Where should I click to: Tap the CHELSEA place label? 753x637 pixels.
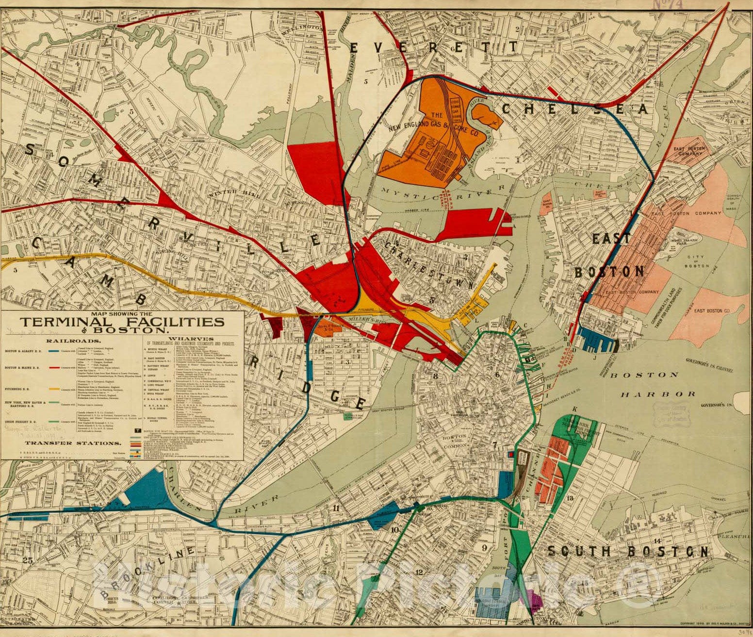tap(574, 109)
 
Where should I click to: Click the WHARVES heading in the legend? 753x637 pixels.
tap(191, 338)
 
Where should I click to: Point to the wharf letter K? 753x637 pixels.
tap(575, 409)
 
